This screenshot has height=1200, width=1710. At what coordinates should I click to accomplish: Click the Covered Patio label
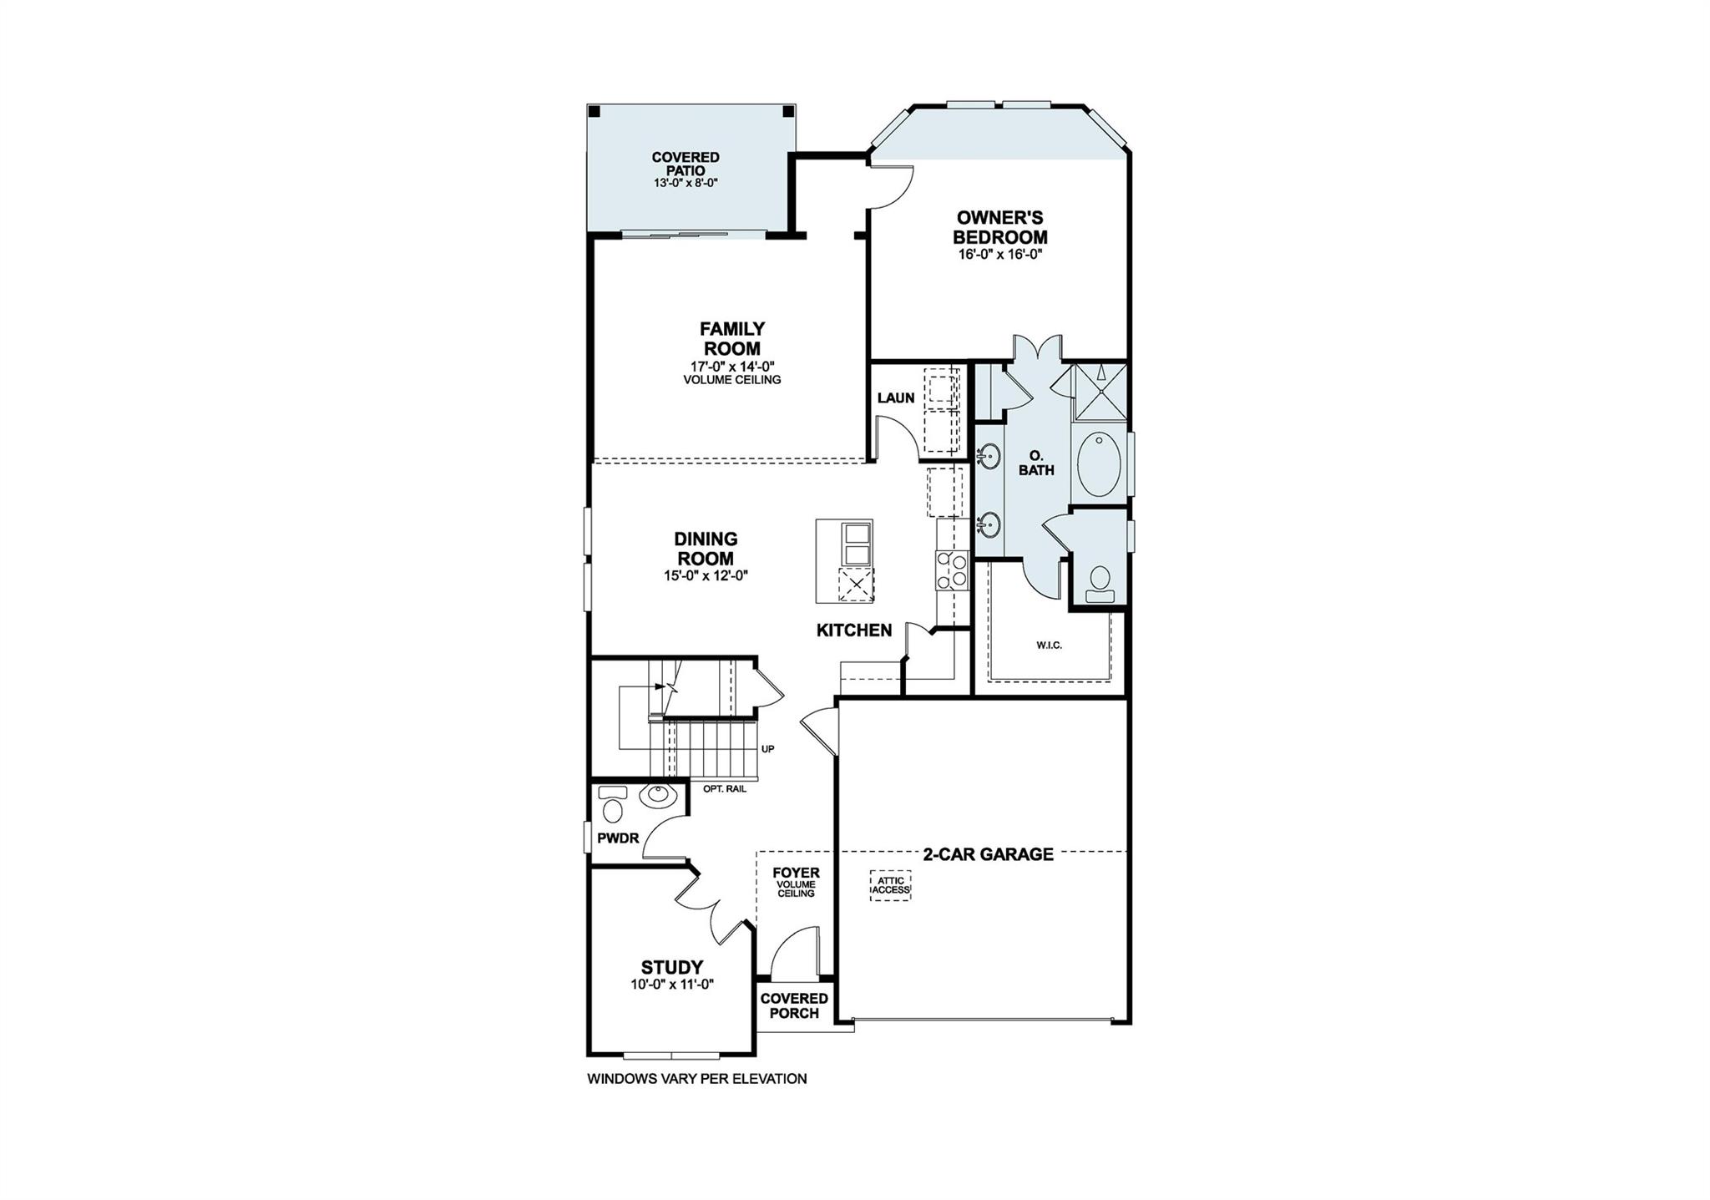686,164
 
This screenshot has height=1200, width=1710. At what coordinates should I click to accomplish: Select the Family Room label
731,338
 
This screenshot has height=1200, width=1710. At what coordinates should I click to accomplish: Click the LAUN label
896,398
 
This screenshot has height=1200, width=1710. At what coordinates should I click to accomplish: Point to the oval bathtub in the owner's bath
1099,464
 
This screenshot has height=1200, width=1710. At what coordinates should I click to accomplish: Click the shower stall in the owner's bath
1100,391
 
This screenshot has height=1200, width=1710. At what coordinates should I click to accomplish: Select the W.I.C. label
1050,646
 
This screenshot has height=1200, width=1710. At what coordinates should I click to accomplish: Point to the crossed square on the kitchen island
856,583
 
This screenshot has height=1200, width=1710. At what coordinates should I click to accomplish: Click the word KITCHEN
854,630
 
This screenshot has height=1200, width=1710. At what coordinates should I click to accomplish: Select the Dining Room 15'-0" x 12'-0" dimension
706,575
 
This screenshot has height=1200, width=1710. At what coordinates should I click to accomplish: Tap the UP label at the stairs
767,749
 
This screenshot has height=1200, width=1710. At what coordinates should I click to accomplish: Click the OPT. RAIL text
725,788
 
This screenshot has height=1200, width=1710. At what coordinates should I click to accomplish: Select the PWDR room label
618,838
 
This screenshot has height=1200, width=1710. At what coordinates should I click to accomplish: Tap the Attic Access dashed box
891,885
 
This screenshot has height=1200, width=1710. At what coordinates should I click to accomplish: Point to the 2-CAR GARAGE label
988,854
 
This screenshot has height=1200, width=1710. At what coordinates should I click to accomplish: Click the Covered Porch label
794,1005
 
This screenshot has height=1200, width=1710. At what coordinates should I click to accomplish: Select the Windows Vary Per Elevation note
696,1079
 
